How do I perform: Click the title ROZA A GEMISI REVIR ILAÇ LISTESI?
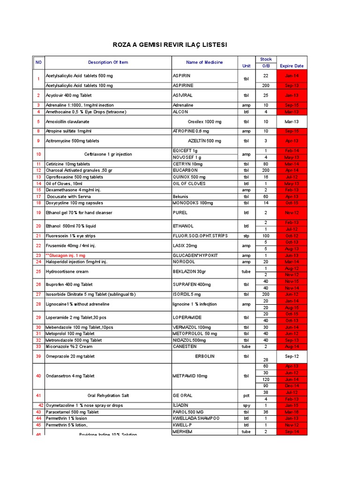(x=170, y=45)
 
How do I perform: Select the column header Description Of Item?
(x=108, y=62)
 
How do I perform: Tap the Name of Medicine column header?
(x=204, y=62)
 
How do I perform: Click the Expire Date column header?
(x=292, y=66)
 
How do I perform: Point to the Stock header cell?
(x=266, y=60)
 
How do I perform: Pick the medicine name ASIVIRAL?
(x=183, y=95)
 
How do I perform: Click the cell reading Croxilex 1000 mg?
(x=204, y=121)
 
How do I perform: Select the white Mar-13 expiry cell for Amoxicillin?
(x=292, y=121)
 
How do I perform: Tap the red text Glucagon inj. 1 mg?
(x=66, y=255)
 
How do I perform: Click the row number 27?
(x=38, y=294)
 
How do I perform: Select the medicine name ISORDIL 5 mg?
(x=187, y=294)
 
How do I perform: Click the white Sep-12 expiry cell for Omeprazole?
(x=292, y=356)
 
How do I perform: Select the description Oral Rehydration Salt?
(x=108, y=396)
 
